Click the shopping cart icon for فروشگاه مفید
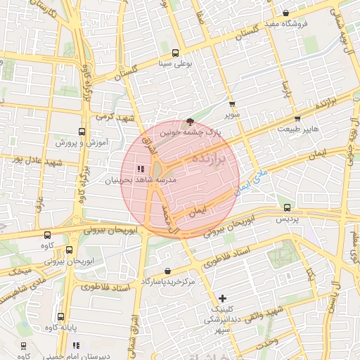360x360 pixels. [285, 13]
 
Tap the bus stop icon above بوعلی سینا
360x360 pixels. [174, 52]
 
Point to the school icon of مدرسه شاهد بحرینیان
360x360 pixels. [141, 169]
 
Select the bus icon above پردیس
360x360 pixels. [287, 207]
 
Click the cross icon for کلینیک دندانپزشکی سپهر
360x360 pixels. [223, 299]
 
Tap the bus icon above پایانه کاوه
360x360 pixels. [60, 316]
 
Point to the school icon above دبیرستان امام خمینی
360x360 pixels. [76, 345]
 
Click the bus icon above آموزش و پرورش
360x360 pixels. [82, 131]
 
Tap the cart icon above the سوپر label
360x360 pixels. [231, 104]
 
